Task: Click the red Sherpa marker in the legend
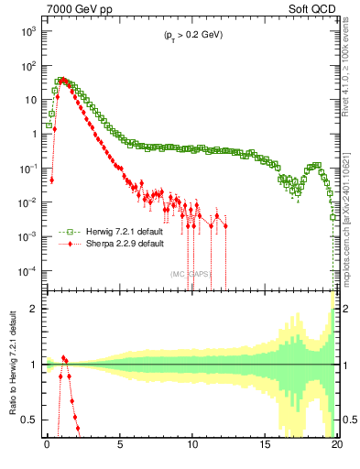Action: [x=63, y=245]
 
